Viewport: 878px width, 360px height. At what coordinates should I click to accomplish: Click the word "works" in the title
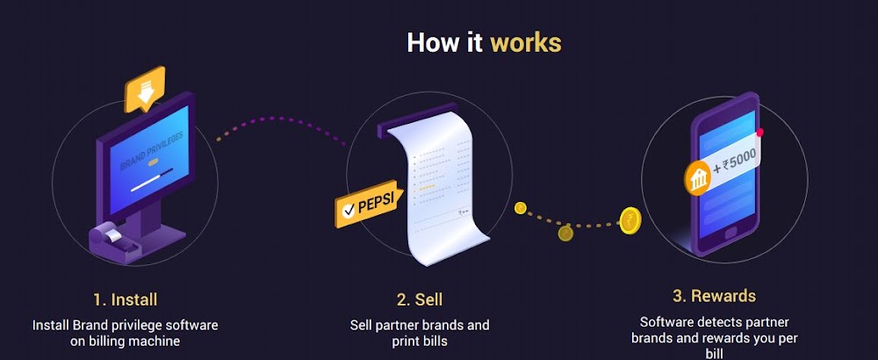click(x=526, y=42)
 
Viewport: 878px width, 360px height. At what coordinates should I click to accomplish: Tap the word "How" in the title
click(x=430, y=42)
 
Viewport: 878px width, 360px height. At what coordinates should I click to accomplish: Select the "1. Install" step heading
click(x=126, y=299)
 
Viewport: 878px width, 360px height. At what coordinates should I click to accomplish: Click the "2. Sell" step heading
click(x=420, y=299)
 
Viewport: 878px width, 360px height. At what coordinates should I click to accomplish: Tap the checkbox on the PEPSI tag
click(x=349, y=210)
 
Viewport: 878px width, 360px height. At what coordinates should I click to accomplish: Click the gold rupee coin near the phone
click(x=630, y=220)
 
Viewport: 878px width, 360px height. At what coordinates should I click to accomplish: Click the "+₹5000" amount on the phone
click(x=736, y=163)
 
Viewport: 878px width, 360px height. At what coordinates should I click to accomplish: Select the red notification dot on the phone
click(x=759, y=133)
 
